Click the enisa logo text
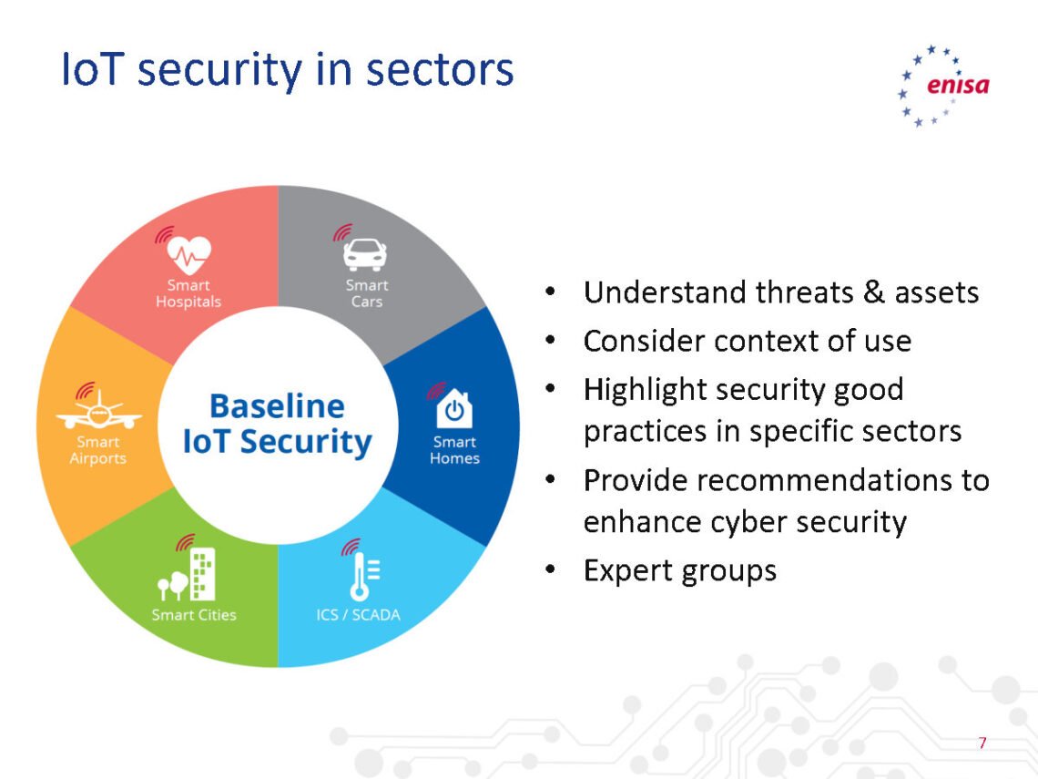(x=957, y=87)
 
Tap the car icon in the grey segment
(x=364, y=253)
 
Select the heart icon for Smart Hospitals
(x=189, y=254)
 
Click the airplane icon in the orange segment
(x=98, y=412)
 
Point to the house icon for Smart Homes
(x=454, y=408)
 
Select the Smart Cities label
(x=194, y=615)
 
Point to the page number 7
(x=982, y=743)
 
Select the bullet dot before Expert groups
(x=550, y=570)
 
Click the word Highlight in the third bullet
(x=645, y=389)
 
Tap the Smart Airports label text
(x=98, y=450)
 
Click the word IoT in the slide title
(x=90, y=70)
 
